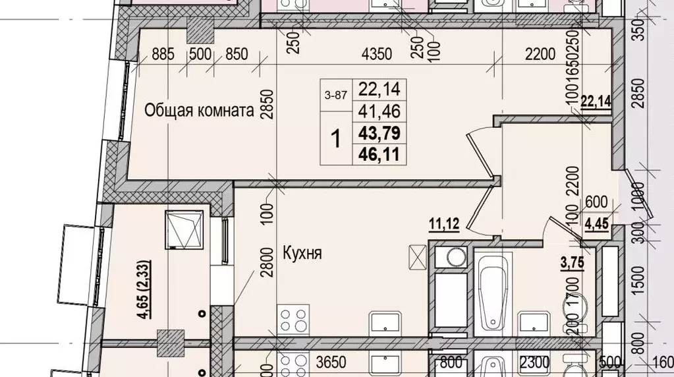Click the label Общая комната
pos(200,111)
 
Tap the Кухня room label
pos(302,252)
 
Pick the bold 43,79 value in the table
pos(379,133)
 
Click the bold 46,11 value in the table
pos(379,155)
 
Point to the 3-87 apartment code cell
pos(336,94)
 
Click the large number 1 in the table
pos(336,139)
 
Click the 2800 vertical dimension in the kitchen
pos(266,279)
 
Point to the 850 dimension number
pos(237,55)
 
